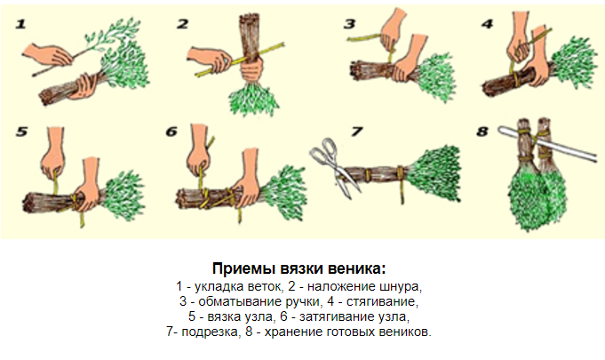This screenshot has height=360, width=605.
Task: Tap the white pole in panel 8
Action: [548, 143]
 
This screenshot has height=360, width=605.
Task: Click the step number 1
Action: [20, 24]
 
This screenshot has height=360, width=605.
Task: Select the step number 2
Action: [182, 24]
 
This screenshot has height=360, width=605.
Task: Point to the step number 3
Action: [349, 24]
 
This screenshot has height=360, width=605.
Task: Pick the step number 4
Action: [488, 24]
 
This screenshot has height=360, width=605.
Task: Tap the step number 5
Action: [21, 132]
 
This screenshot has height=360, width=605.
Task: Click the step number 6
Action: [171, 132]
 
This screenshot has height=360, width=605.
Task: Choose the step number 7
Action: [356, 132]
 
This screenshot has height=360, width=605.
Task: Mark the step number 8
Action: [482, 132]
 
